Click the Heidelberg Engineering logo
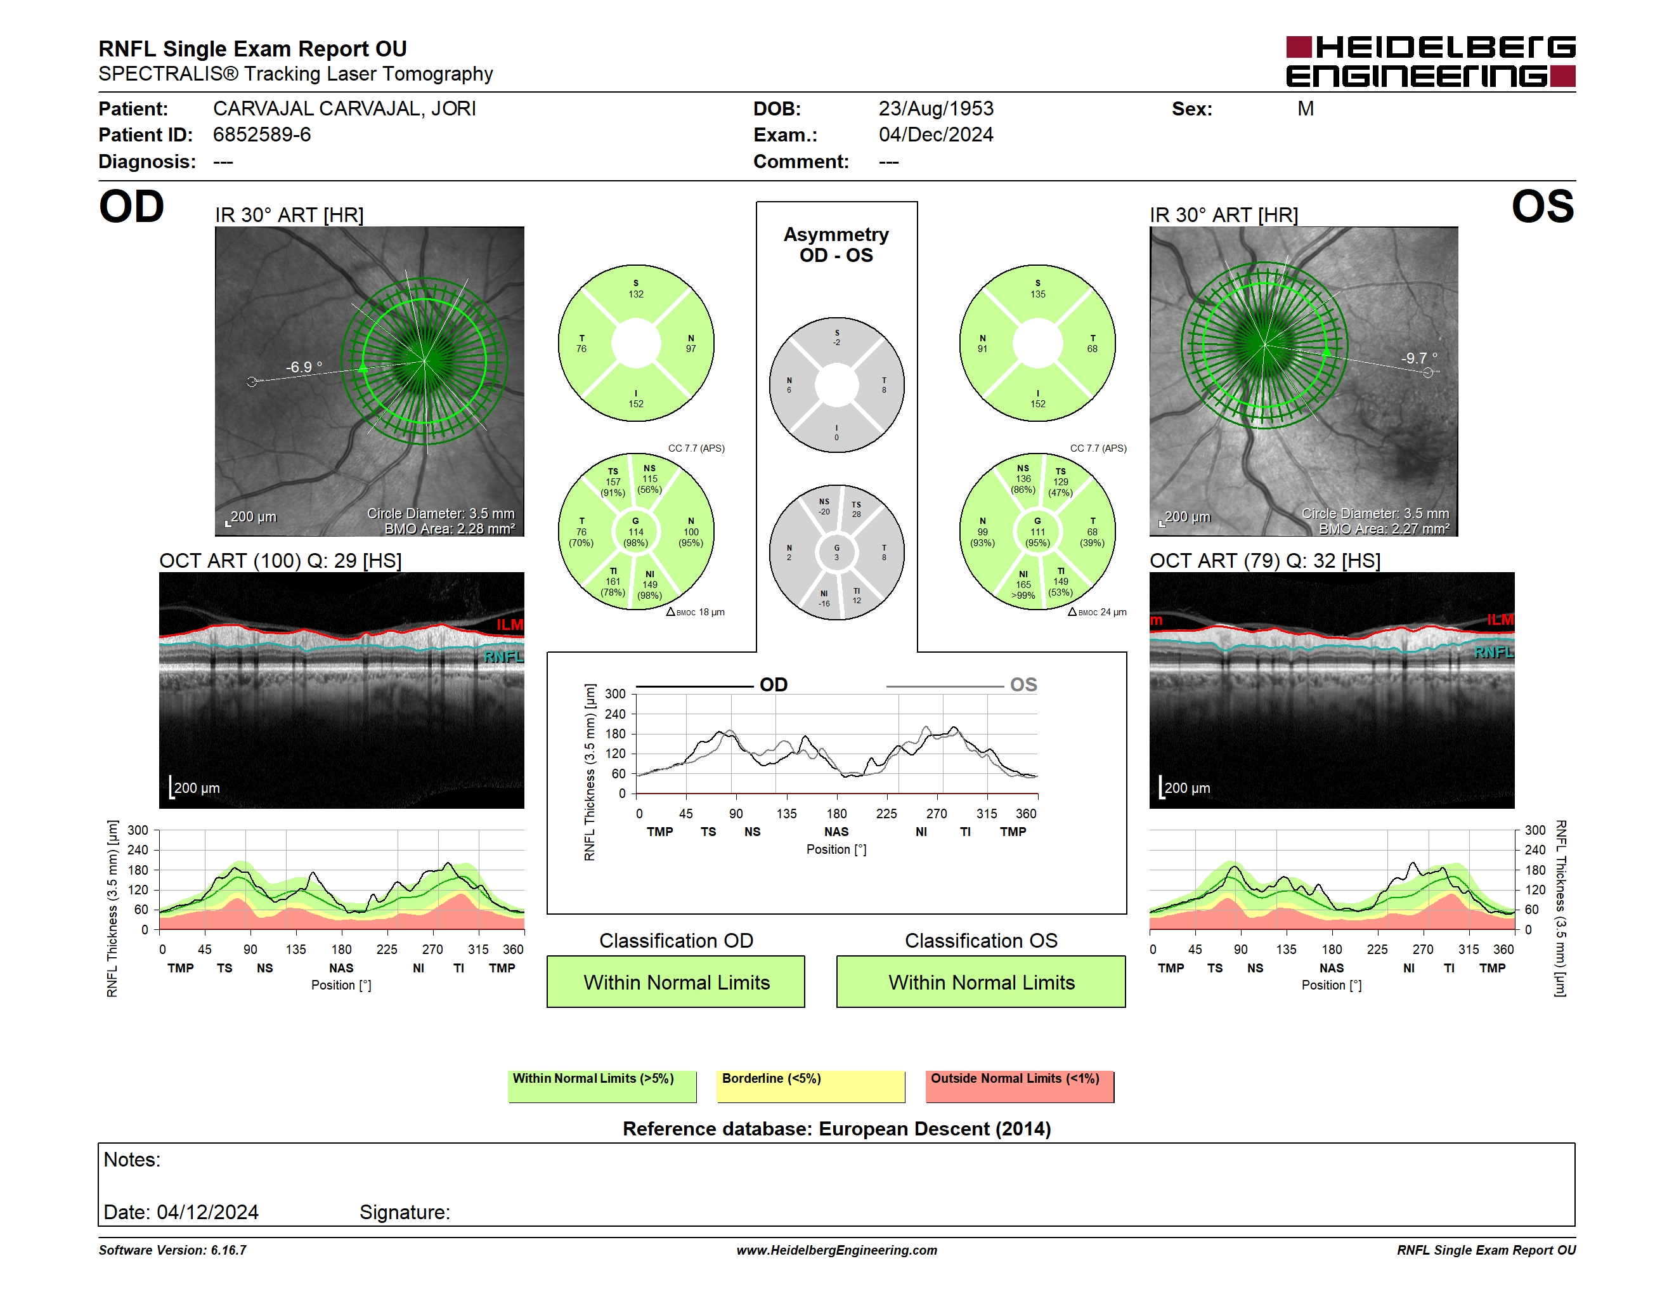[x=1431, y=62]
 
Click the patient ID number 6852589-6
[x=262, y=135]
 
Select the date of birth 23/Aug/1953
[x=936, y=109]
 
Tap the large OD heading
[x=131, y=207]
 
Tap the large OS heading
[x=1542, y=207]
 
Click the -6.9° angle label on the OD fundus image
[x=304, y=367]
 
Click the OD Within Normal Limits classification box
[x=676, y=981]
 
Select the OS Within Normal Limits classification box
[x=981, y=981]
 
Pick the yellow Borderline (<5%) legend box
[x=811, y=1086]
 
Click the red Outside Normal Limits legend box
[x=1020, y=1086]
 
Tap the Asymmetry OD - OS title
[x=836, y=245]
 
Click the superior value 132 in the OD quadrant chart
[x=636, y=294]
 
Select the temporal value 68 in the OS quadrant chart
[x=1093, y=349]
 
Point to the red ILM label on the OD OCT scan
[x=510, y=625]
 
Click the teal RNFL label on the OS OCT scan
[x=1494, y=652]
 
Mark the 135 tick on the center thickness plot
[x=786, y=813]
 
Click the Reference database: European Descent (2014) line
[x=836, y=1128]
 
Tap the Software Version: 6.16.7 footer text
[x=172, y=1250]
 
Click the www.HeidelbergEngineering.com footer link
[x=837, y=1250]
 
